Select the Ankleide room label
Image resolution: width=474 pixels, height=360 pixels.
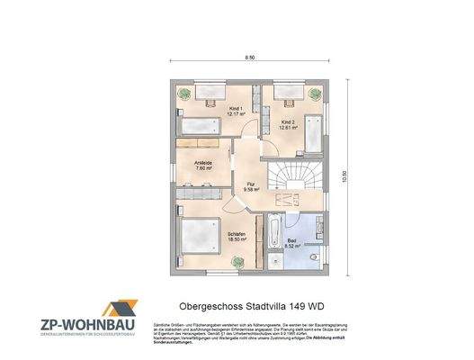203,164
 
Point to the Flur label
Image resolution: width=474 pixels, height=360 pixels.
252,186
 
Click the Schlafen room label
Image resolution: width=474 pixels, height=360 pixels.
237,234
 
